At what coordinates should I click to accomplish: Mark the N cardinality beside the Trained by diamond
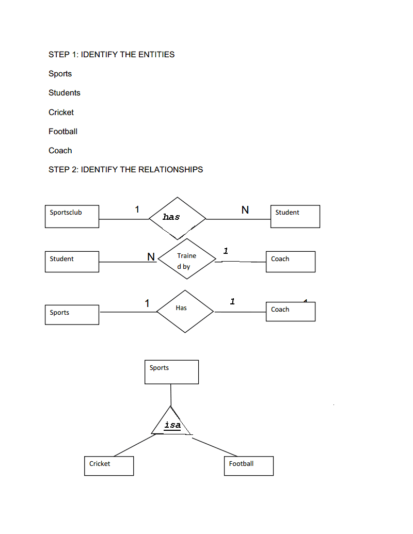point(151,257)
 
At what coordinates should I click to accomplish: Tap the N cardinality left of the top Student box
point(245,210)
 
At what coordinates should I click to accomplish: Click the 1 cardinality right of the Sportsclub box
point(137,209)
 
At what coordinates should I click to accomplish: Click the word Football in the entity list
point(63,132)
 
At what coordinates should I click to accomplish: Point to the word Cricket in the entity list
point(61,112)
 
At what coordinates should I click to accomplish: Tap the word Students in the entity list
point(65,93)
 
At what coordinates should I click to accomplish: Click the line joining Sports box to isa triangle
point(171,395)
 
